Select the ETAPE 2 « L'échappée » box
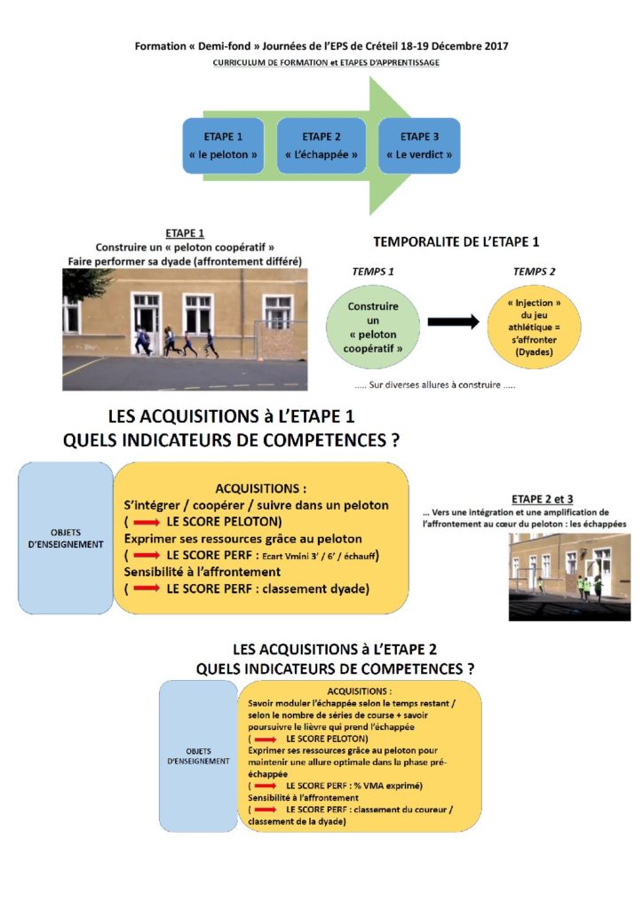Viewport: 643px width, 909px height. [x=321, y=145]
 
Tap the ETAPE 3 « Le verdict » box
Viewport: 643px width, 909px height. [x=419, y=145]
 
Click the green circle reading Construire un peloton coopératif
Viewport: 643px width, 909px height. [x=373, y=327]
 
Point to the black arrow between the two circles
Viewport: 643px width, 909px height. [x=453, y=322]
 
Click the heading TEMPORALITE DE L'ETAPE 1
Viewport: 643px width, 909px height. [x=456, y=241]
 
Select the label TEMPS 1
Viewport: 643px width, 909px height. [x=373, y=273]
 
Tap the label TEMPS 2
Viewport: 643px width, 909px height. [x=535, y=273]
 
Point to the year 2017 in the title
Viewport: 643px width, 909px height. [x=493, y=45]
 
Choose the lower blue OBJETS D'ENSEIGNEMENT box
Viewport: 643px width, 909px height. [x=199, y=755]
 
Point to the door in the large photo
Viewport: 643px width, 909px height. [x=145, y=321]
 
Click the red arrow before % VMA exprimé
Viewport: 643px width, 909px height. [x=265, y=786]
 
